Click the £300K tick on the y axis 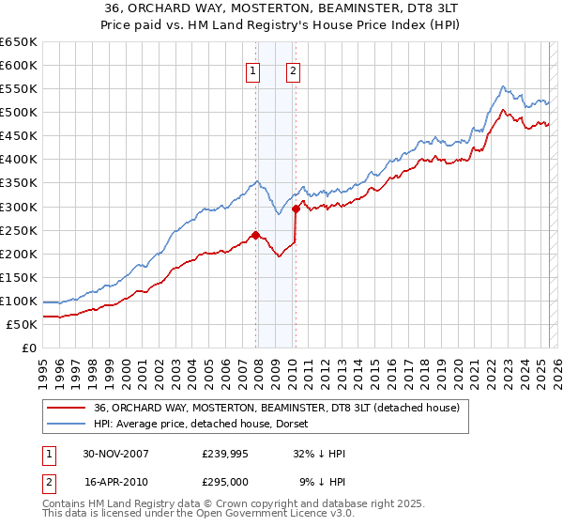point(19,207)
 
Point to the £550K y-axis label point(19,89)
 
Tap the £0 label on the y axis point(29,348)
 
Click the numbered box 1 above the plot point(253,71)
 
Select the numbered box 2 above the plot point(293,71)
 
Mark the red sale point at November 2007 point(256,235)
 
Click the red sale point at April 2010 point(296,209)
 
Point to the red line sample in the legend point(67,408)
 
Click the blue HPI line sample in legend point(67,424)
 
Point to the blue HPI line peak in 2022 point(502,86)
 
